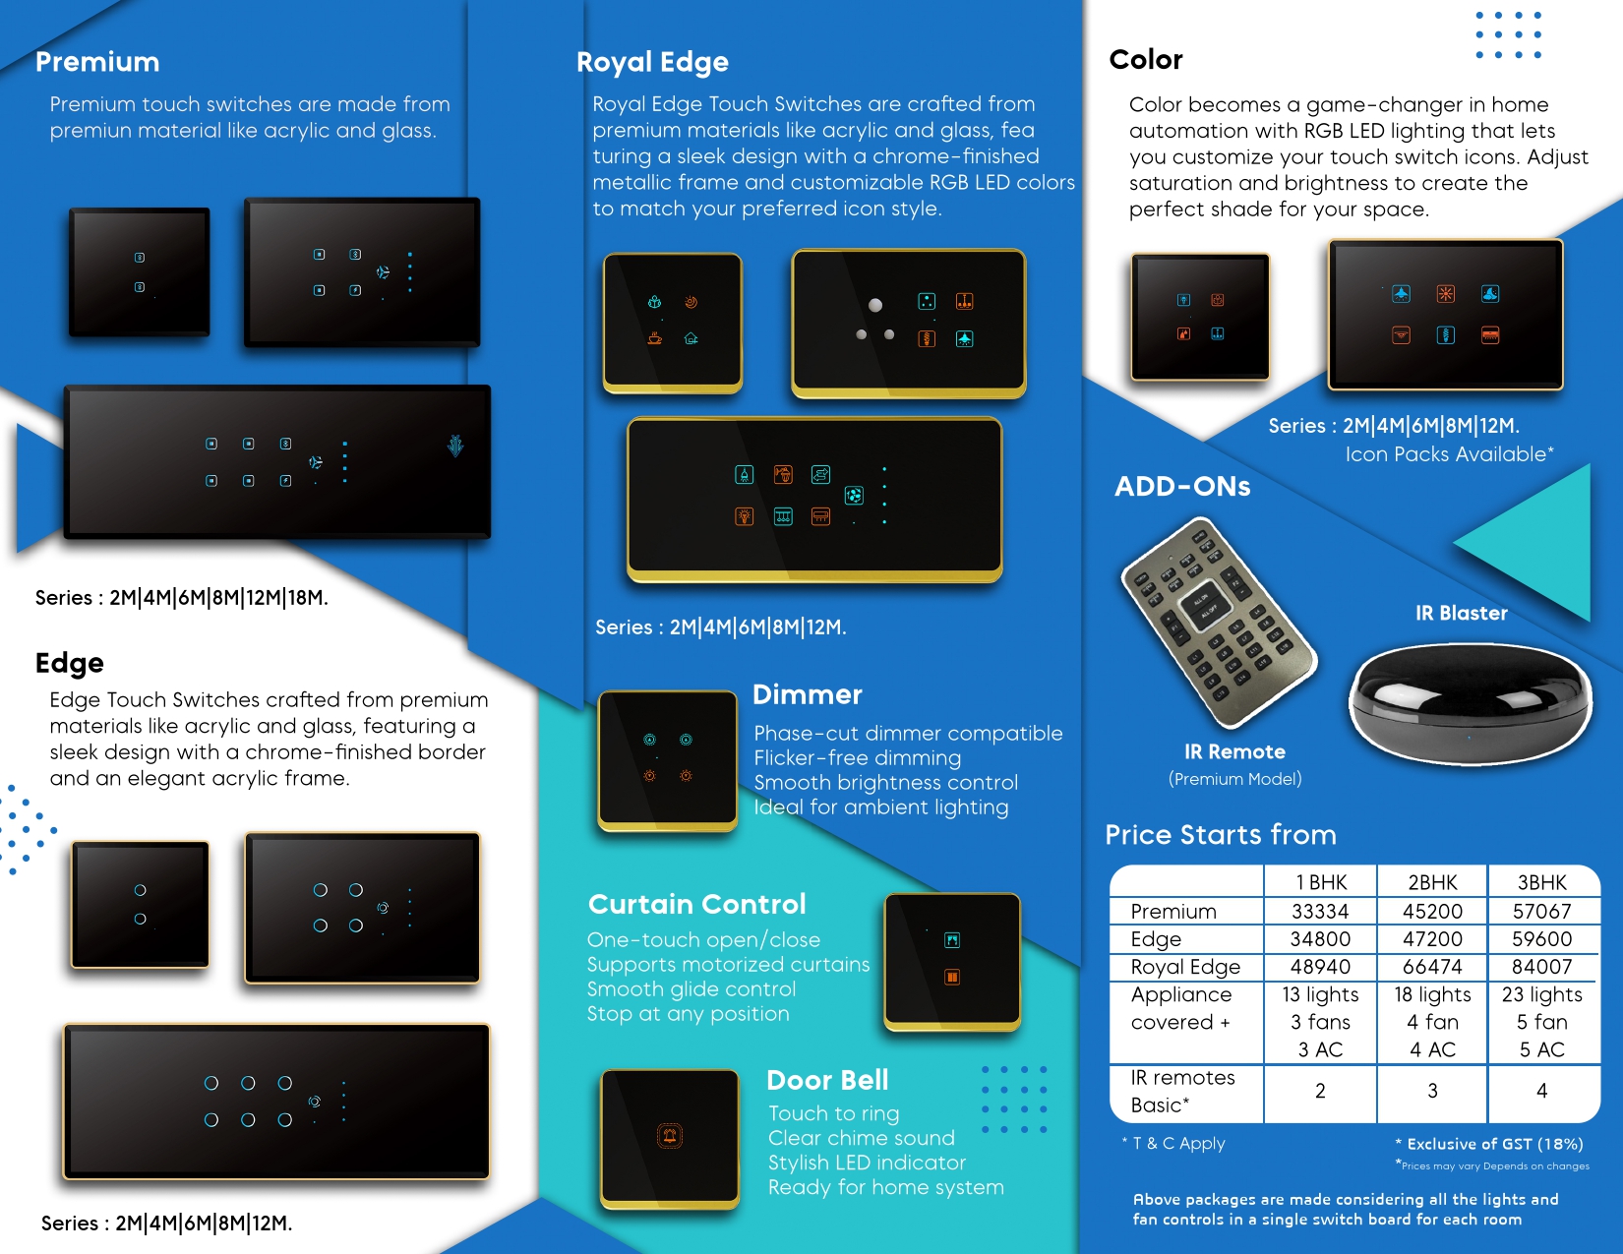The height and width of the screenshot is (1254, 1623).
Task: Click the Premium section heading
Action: pos(97,62)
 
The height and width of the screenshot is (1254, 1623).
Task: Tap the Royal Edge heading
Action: pos(652,62)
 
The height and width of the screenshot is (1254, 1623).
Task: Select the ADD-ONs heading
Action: pos(1182,486)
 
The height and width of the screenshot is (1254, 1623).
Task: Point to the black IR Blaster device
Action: pos(1470,702)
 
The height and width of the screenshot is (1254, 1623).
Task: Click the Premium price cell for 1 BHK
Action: pos(1320,911)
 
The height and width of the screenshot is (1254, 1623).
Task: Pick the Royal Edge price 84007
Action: pos(1541,966)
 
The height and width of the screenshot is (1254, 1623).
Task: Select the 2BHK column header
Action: pos(1432,882)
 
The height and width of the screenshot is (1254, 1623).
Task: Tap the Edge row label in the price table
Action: pos(1156,938)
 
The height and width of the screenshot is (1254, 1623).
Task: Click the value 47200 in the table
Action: pos(1432,938)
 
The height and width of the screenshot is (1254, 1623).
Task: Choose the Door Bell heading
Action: pos(827,1080)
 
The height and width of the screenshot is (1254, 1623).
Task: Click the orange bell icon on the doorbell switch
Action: pos(670,1136)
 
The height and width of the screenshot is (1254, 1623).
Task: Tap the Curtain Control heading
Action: pos(696,904)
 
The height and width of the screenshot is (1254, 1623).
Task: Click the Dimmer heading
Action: pos(807,694)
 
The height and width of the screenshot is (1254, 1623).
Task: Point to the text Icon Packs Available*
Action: pos(1449,454)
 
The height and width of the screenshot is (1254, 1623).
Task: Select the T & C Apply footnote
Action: pos(1173,1143)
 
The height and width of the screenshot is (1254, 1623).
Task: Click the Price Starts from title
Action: pos(1220,834)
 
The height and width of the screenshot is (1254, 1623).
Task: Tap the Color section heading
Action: pos(1146,60)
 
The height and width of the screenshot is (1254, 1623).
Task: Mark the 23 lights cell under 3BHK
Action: pos(1541,994)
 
